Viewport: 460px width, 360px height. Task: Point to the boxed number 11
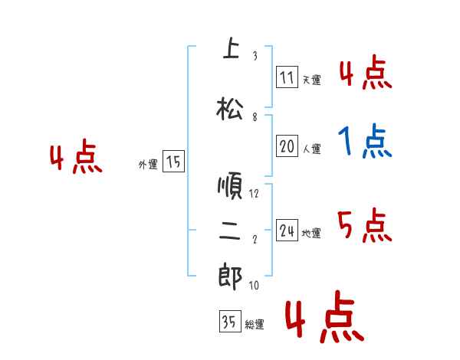pos(287,77)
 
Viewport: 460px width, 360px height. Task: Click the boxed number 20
pos(287,146)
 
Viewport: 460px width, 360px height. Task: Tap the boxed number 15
pos(173,162)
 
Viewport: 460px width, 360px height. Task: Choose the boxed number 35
pos(229,322)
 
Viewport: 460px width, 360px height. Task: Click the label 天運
pos(311,80)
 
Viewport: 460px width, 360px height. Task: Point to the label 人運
pos(311,149)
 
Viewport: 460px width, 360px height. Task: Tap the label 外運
pos(148,164)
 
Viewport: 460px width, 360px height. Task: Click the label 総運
pos(255,324)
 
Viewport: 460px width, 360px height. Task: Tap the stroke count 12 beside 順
pos(254,194)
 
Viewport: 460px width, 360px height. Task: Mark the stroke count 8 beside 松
pos(254,117)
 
